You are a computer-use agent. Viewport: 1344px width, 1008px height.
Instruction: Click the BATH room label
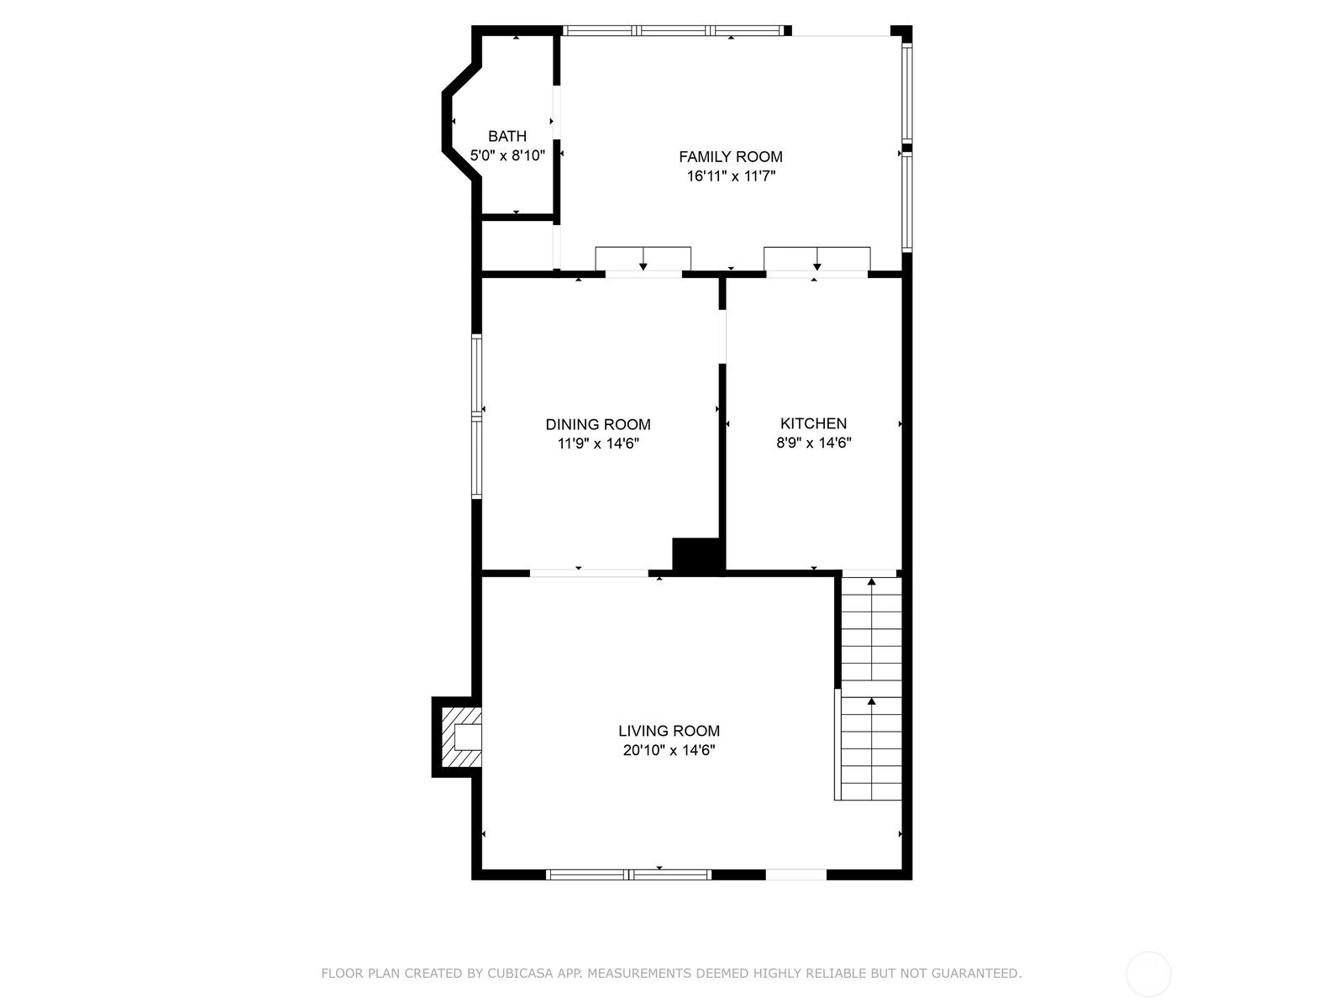(x=507, y=136)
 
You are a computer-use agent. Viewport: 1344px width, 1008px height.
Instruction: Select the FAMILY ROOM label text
(x=731, y=157)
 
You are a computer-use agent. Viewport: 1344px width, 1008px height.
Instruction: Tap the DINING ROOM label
(x=597, y=424)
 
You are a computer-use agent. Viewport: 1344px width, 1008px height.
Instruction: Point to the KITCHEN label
(x=813, y=423)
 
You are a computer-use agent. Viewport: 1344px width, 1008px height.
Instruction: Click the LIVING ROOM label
(x=669, y=730)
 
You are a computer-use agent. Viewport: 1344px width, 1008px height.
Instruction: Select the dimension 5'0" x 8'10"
(x=507, y=155)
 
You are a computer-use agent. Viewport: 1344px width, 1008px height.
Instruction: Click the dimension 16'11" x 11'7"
(x=731, y=176)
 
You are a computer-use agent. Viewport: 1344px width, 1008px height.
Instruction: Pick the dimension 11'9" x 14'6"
(x=597, y=444)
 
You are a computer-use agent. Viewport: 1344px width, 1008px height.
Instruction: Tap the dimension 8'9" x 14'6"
(x=813, y=443)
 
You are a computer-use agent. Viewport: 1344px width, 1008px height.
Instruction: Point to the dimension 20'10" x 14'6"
(x=669, y=750)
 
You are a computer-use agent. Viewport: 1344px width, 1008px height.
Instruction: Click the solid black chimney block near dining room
(x=696, y=555)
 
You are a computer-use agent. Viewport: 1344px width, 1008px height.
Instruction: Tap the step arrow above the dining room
(x=643, y=258)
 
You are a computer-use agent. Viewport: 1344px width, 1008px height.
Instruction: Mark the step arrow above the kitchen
(x=816, y=258)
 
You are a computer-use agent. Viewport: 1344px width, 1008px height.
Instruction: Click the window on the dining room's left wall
(x=476, y=416)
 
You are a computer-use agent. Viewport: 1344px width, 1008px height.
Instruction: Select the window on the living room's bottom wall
(x=628, y=874)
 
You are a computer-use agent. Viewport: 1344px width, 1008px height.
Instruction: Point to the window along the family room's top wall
(x=673, y=30)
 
